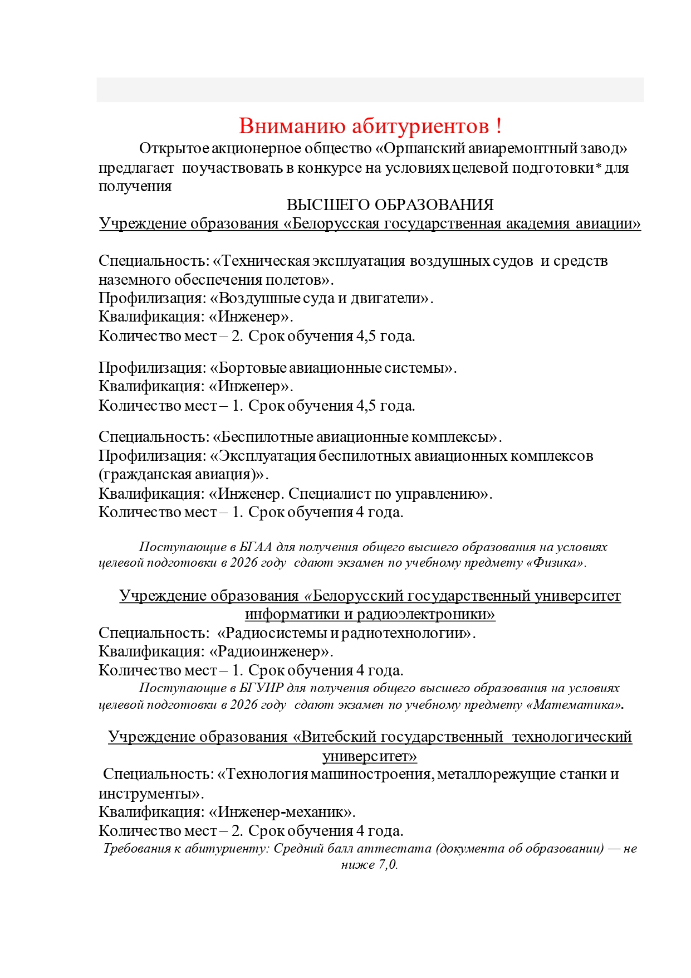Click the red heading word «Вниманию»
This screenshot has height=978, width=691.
293,126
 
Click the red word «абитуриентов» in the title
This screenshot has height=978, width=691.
420,126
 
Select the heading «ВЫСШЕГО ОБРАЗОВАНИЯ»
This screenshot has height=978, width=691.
390,205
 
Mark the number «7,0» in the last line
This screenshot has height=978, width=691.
387,865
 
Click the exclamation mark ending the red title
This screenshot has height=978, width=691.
498,126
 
